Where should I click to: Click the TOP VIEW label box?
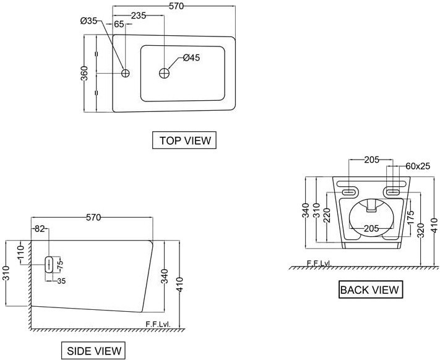184,140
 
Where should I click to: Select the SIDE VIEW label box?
95,351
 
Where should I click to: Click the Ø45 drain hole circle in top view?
165,73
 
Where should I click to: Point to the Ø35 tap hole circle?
125,73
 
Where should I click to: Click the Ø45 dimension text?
191,58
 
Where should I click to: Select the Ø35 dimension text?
89,21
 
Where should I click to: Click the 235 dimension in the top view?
137,16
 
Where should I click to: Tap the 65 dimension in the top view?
119,25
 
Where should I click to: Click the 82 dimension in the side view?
40,229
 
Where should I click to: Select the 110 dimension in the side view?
20,252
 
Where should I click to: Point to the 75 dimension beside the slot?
61,264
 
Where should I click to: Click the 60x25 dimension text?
418,166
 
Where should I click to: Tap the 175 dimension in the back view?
410,218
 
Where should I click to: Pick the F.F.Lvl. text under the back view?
319,264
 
